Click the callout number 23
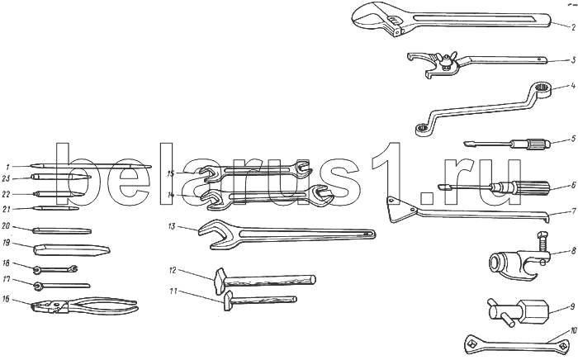pos(6,178)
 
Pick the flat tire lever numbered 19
pos(71,248)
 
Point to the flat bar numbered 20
pos(63,229)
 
